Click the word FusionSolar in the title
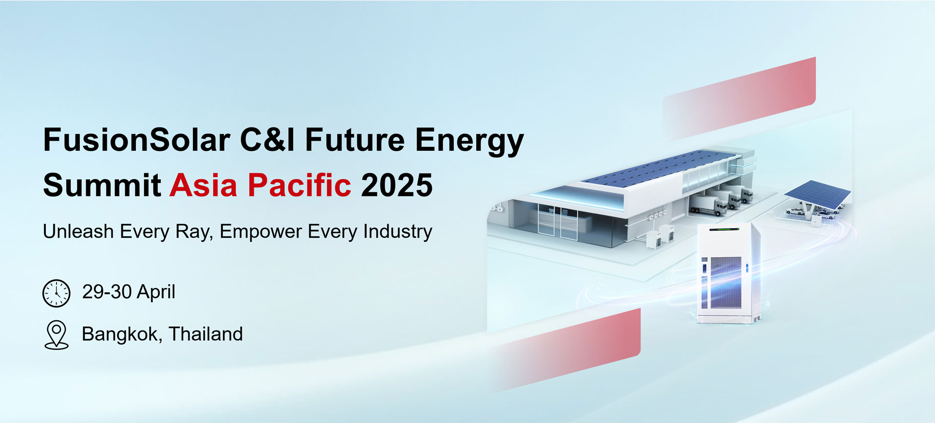coord(137,140)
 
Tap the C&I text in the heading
coord(267,140)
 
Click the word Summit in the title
coord(102,185)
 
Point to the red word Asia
coord(204,185)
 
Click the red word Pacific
coord(299,185)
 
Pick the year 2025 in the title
coord(397,185)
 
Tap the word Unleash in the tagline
coord(78,231)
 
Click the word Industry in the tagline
coord(398,232)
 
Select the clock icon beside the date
coord(56,293)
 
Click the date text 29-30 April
coord(129,292)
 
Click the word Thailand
coord(206,334)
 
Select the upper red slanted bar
coord(739,97)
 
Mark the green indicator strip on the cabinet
coord(724,229)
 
